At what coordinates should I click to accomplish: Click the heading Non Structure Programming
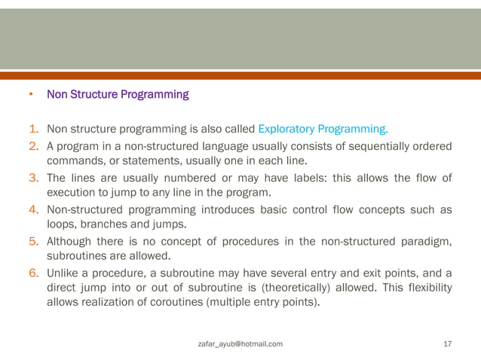click(x=118, y=95)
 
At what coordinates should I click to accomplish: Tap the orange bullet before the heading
click(x=31, y=96)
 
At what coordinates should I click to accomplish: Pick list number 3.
click(x=35, y=178)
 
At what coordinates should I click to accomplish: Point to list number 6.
click(x=35, y=273)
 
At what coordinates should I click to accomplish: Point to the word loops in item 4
click(x=61, y=224)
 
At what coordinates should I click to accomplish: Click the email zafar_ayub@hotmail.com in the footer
click(x=240, y=344)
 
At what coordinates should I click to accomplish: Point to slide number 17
click(x=447, y=344)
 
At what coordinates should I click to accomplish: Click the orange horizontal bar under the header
click(x=240, y=75)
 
